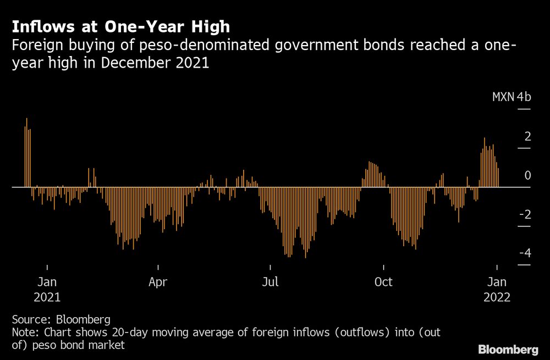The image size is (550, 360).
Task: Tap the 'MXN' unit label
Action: point(503,97)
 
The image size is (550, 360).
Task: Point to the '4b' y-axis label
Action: point(524,97)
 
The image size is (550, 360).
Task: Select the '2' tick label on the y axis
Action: point(527,136)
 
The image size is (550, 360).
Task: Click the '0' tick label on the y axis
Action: point(527,175)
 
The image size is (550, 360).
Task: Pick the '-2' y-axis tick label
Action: point(525,214)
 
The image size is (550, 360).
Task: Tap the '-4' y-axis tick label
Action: point(525,253)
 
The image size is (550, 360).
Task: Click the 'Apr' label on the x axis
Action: point(158,282)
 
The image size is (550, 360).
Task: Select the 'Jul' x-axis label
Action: point(270,282)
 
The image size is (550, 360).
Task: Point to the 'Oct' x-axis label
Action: point(383,282)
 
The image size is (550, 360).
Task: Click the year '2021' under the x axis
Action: point(47,297)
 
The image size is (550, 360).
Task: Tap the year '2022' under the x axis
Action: point(497,297)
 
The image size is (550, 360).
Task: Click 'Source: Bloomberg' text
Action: point(61,319)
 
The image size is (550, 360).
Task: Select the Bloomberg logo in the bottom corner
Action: point(508,349)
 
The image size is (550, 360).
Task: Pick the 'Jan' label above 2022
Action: point(497,282)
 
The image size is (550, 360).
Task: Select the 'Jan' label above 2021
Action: point(47,282)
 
